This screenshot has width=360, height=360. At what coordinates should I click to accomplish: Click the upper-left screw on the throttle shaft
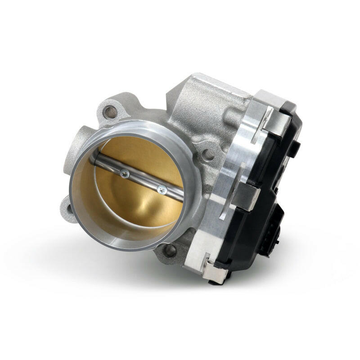[x=125, y=173]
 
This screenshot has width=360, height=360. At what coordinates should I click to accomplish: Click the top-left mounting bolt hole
[x=110, y=111]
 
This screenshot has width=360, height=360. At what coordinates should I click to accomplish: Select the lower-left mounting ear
[x=69, y=208]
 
